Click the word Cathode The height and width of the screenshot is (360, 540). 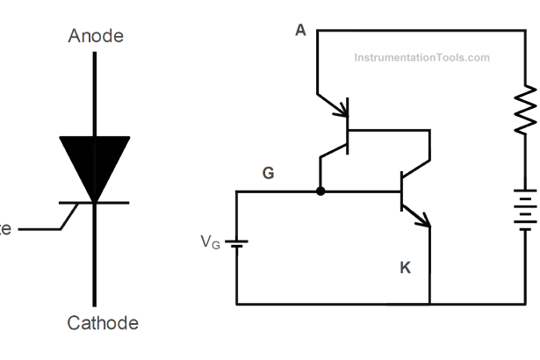[103, 322]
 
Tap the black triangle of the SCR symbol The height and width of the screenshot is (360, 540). [95, 162]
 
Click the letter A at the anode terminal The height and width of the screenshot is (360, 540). [300, 31]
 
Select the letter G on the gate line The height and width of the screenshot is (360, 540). [269, 174]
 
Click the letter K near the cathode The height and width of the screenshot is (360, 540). [405, 268]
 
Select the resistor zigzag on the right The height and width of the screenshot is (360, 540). [525, 110]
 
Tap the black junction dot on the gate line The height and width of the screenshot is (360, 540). [320, 191]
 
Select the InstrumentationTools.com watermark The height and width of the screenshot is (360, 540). [421, 58]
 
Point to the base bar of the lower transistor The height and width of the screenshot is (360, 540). [401, 191]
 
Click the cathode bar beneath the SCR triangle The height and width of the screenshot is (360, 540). [95, 203]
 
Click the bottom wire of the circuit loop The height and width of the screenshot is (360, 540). [378, 305]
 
